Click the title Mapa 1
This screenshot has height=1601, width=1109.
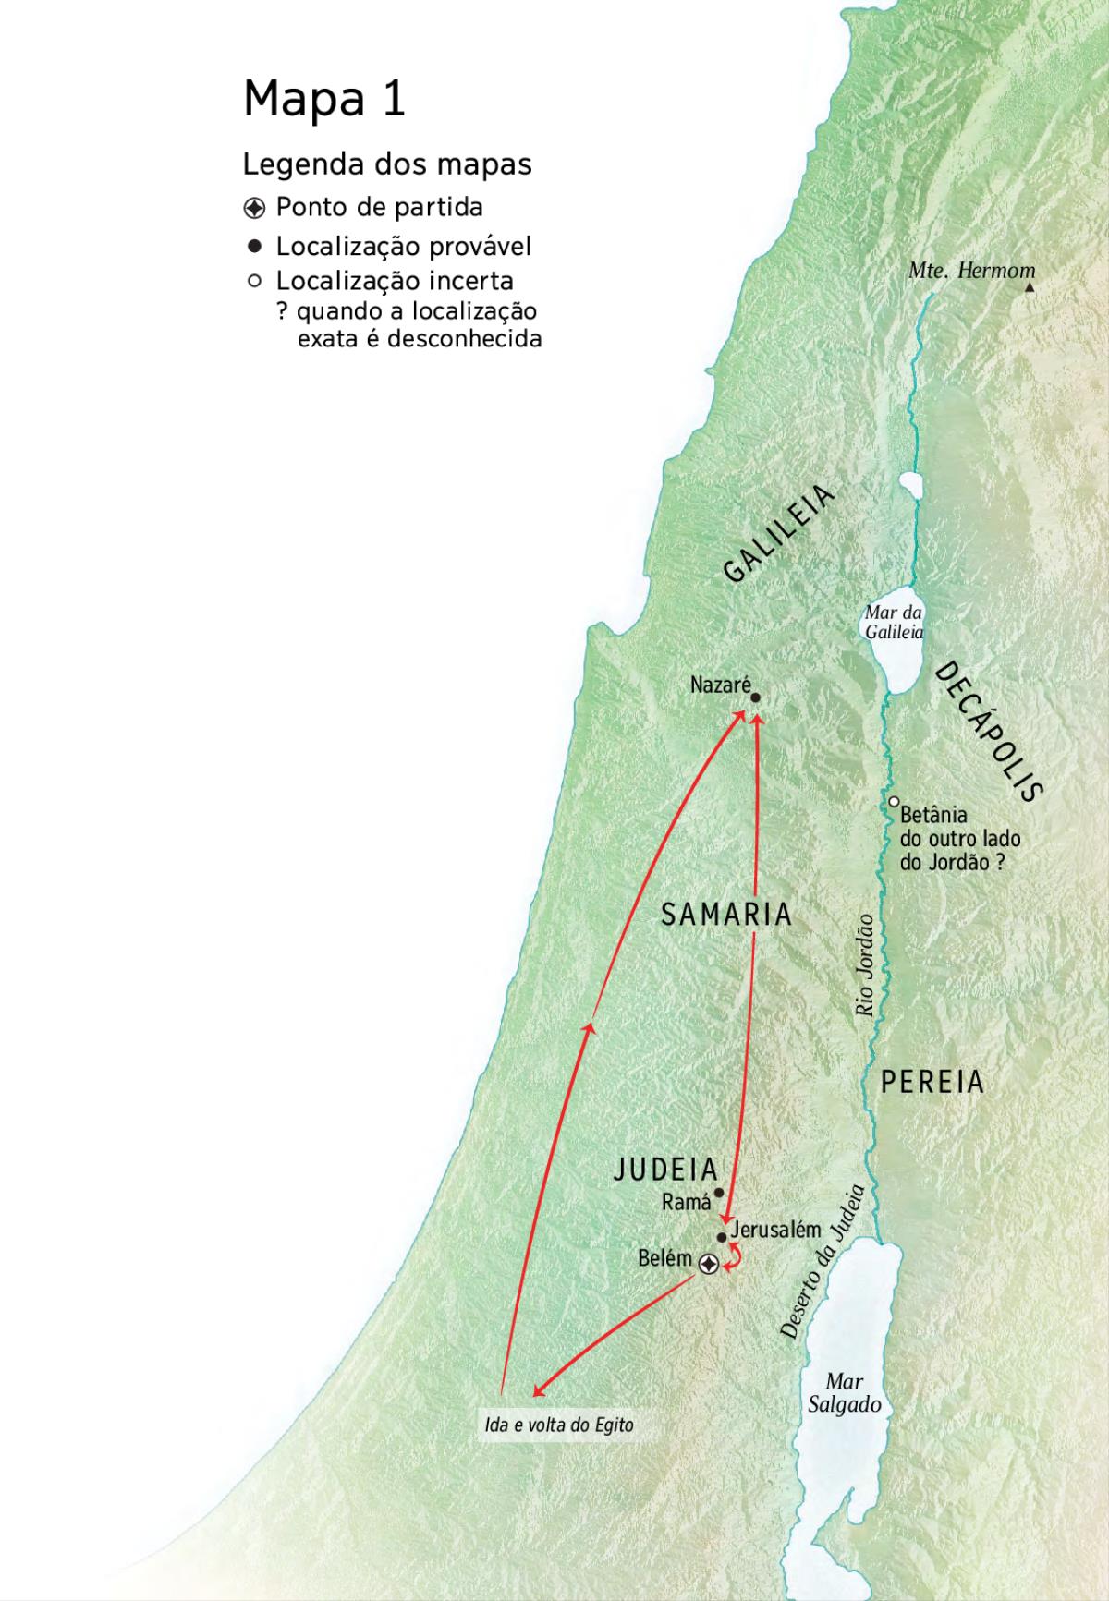[324, 97]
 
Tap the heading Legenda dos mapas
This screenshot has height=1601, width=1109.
[387, 164]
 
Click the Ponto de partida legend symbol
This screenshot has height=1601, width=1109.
[255, 208]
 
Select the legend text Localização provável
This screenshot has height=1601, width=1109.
[404, 247]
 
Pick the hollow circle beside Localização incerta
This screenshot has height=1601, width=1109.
[255, 281]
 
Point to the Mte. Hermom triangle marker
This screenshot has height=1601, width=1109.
[1030, 287]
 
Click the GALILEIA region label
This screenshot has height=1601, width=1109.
[778, 534]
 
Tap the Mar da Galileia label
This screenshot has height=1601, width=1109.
[894, 623]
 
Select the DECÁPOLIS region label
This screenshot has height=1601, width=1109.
[988, 731]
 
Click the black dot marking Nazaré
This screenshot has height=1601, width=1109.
[755, 698]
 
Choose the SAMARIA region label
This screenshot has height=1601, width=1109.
[726, 915]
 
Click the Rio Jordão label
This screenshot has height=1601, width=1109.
[866, 965]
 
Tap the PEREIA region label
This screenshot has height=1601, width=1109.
[932, 1082]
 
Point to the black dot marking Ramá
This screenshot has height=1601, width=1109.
[719, 1193]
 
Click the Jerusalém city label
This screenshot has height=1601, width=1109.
[775, 1230]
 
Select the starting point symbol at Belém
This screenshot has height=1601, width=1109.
[708, 1264]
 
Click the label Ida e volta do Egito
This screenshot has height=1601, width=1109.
[559, 1425]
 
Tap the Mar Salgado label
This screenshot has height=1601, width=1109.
[844, 1393]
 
